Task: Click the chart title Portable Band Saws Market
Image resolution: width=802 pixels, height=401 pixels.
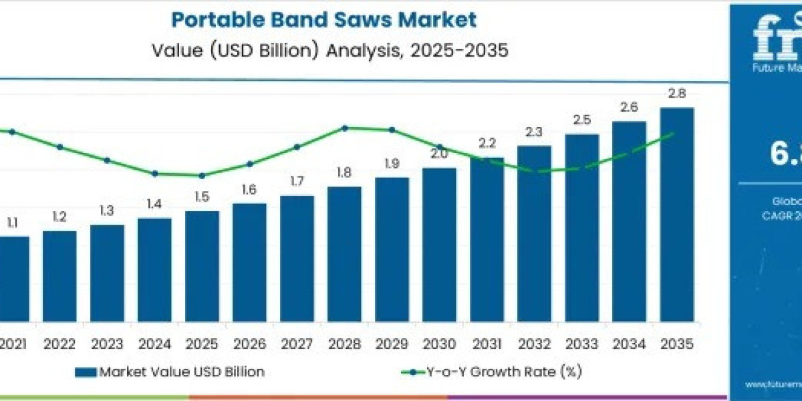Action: pos(324,19)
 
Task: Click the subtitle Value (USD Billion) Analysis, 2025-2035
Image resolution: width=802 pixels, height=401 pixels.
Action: pos(324,51)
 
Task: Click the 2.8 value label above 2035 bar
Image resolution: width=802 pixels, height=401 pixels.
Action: pos(676,94)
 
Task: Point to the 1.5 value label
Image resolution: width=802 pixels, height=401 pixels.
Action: pos(202,196)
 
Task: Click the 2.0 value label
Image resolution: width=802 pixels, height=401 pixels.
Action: pos(439,153)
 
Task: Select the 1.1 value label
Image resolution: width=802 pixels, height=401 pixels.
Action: pos(12,223)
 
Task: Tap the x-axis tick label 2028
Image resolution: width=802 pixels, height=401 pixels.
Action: pos(344,345)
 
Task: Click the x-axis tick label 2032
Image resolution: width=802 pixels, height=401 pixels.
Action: pos(534,345)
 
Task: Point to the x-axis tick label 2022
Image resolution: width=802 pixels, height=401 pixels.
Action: pos(59,345)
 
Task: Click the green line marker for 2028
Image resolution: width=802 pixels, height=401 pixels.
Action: pos(344,128)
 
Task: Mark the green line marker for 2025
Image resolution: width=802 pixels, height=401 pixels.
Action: pos(202,176)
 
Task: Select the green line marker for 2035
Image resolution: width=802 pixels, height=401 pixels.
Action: pos(672,134)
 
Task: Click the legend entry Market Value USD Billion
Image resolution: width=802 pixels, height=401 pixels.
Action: pos(170,372)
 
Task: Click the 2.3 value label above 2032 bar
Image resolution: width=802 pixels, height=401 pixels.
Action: pos(534,132)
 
